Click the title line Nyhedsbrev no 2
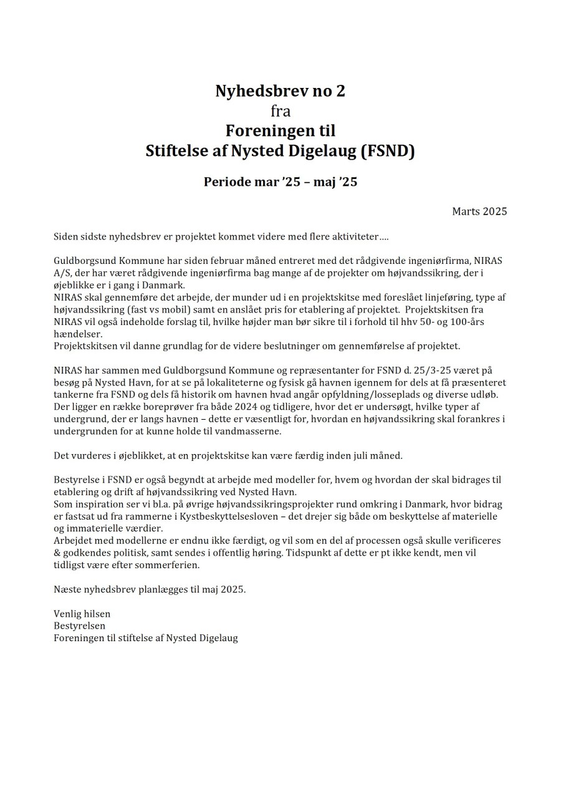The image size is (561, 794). [280, 91]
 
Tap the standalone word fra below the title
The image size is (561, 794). [280, 112]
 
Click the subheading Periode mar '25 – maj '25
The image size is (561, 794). [280, 183]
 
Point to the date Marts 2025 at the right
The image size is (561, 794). [479, 211]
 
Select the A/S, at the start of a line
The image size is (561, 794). [62, 273]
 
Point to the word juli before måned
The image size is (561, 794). [354, 455]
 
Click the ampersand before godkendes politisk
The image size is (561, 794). [57, 553]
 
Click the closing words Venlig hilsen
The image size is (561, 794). [82, 614]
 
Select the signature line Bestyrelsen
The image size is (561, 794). [79, 626]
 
